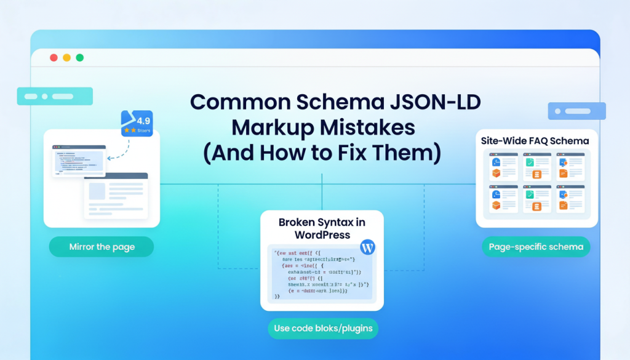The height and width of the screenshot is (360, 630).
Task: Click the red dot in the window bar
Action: tap(53, 58)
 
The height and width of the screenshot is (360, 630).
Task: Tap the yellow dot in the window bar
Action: tap(66, 58)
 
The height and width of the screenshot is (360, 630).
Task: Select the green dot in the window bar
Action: tap(79, 58)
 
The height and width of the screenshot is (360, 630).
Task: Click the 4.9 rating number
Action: tap(143, 120)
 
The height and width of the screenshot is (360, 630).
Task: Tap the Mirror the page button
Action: tap(102, 247)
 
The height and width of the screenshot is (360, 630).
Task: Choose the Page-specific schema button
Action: tap(536, 247)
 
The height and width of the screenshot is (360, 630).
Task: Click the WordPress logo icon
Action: tap(367, 248)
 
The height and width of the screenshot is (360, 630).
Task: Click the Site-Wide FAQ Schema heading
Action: tap(535, 141)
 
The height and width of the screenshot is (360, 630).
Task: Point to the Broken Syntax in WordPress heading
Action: tap(322, 228)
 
